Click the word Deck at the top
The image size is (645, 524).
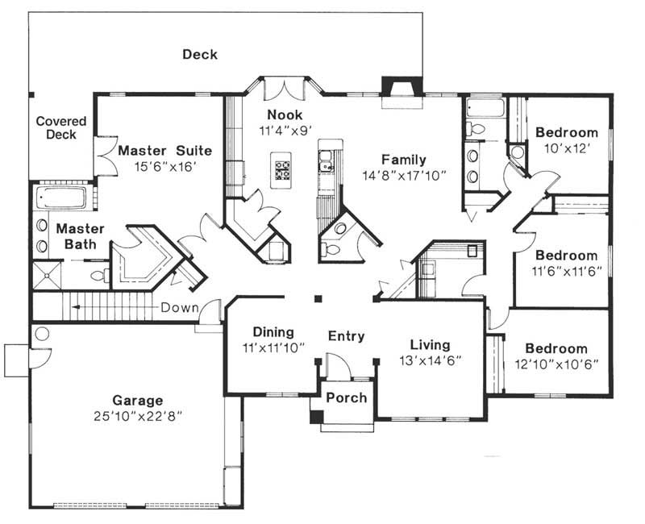[x=200, y=54]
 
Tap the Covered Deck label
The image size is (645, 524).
[x=61, y=128]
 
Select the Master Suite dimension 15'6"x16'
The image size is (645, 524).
[x=164, y=167]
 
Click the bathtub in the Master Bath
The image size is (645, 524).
[x=60, y=198]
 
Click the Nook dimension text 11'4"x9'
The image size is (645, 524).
[x=285, y=131]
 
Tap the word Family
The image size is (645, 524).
[x=404, y=160]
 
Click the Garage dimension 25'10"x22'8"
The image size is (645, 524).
[x=137, y=416]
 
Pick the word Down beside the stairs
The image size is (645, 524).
[x=179, y=308]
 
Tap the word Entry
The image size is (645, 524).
[x=347, y=336]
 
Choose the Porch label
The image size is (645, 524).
[x=347, y=397]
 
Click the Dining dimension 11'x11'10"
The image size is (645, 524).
[x=273, y=348]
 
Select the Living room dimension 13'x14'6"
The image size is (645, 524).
[x=431, y=360]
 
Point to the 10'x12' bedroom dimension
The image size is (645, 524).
[x=567, y=148]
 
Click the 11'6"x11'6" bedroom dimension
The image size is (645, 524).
[x=567, y=272]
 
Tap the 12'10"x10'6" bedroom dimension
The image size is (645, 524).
[x=556, y=364]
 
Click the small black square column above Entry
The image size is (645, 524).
[x=318, y=299]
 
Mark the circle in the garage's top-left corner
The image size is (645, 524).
[x=42, y=334]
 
